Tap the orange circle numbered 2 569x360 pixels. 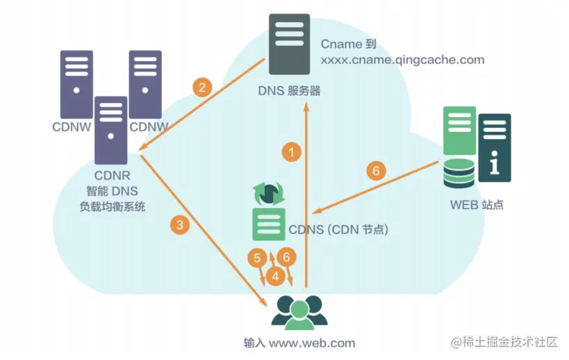click(202, 88)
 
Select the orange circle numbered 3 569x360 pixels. click(180, 224)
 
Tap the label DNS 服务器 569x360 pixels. click(290, 90)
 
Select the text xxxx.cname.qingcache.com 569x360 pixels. click(402, 60)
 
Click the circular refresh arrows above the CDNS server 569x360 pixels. click(267, 193)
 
